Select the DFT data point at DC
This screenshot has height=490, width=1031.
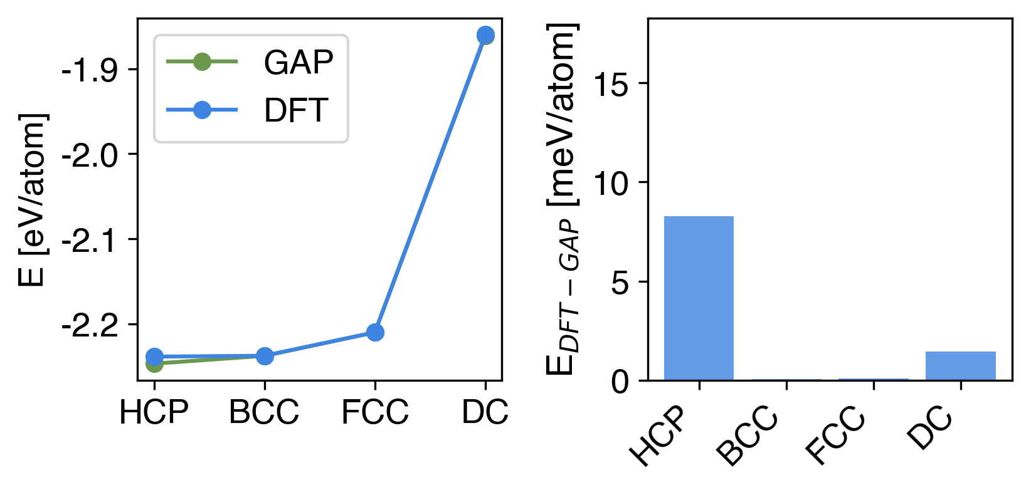tap(485, 35)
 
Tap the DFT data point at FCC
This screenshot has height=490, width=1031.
tap(375, 332)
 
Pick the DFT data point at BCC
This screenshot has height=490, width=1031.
tap(265, 356)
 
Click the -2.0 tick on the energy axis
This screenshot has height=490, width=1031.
tap(89, 154)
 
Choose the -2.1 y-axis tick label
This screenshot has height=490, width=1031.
tap(89, 239)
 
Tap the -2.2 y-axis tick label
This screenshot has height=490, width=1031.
tap(89, 325)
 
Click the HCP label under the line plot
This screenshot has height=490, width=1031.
tap(154, 412)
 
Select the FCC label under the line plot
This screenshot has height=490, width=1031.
tap(375, 412)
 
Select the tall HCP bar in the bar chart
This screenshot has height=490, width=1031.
tap(699, 298)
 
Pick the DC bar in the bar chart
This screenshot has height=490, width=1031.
tap(960, 366)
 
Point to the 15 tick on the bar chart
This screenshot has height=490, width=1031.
tap(611, 84)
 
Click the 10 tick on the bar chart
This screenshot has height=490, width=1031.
tap(611, 183)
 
